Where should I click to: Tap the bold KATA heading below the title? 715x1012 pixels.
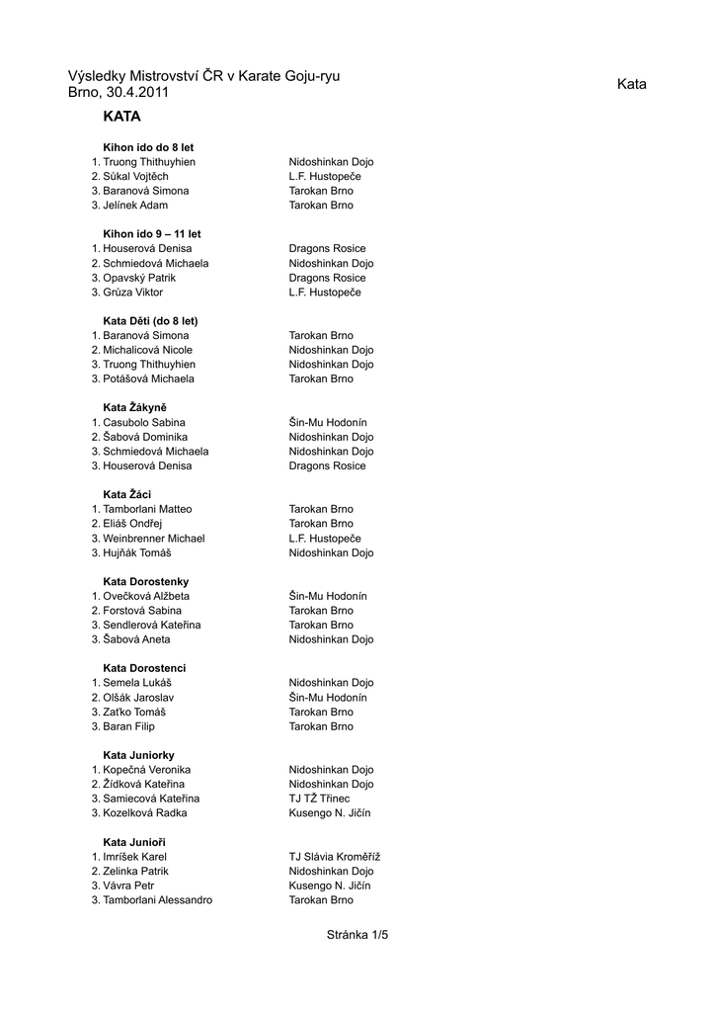(121, 117)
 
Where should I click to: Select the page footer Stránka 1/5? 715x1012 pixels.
(357, 934)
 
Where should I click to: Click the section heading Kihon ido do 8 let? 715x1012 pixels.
(148, 147)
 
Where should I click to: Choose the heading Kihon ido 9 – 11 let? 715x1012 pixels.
(152, 234)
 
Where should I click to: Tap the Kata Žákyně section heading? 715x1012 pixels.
(134, 407)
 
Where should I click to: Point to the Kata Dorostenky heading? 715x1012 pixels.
(145, 582)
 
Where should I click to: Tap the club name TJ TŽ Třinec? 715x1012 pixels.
(319, 799)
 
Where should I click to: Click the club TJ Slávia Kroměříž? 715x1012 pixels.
(334, 857)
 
